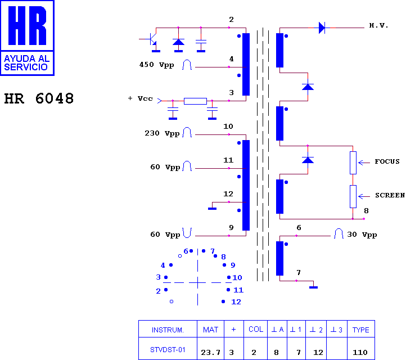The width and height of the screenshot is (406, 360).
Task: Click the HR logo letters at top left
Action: [x=27, y=25]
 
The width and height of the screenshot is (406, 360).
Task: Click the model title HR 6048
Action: [x=39, y=98]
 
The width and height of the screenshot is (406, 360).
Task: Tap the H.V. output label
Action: [x=378, y=25]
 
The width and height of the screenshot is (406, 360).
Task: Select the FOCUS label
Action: [x=387, y=161]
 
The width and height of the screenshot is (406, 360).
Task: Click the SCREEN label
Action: [x=390, y=195]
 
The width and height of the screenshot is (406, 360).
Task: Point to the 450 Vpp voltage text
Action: [x=156, y=65]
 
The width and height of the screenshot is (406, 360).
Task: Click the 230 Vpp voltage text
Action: [x=162, y=133]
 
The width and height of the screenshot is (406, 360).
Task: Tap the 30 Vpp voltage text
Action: [x=362, y=235]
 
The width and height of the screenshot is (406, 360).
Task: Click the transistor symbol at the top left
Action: [x=151, y=39]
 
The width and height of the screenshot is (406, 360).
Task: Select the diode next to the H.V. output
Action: [x=322, y=28]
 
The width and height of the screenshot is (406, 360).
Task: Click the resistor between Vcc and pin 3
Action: [x=195, y=101]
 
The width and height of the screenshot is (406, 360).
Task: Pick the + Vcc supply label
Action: [x=141, y=98]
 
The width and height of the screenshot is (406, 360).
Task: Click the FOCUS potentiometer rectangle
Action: [x=353, y=163]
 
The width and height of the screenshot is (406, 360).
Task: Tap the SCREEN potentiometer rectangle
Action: [x=353, y=196]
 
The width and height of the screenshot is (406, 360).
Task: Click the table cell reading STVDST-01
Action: [x=168, y=350]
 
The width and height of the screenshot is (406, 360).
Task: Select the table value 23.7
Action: [x=210, y=353]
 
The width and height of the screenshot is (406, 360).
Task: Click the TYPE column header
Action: [x=360, y=330]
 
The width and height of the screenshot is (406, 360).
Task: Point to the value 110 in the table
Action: [x=360, y=353]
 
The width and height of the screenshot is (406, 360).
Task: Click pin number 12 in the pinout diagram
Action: [x=236, y=302]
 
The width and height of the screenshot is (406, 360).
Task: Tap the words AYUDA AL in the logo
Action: [x=26, y=59]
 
